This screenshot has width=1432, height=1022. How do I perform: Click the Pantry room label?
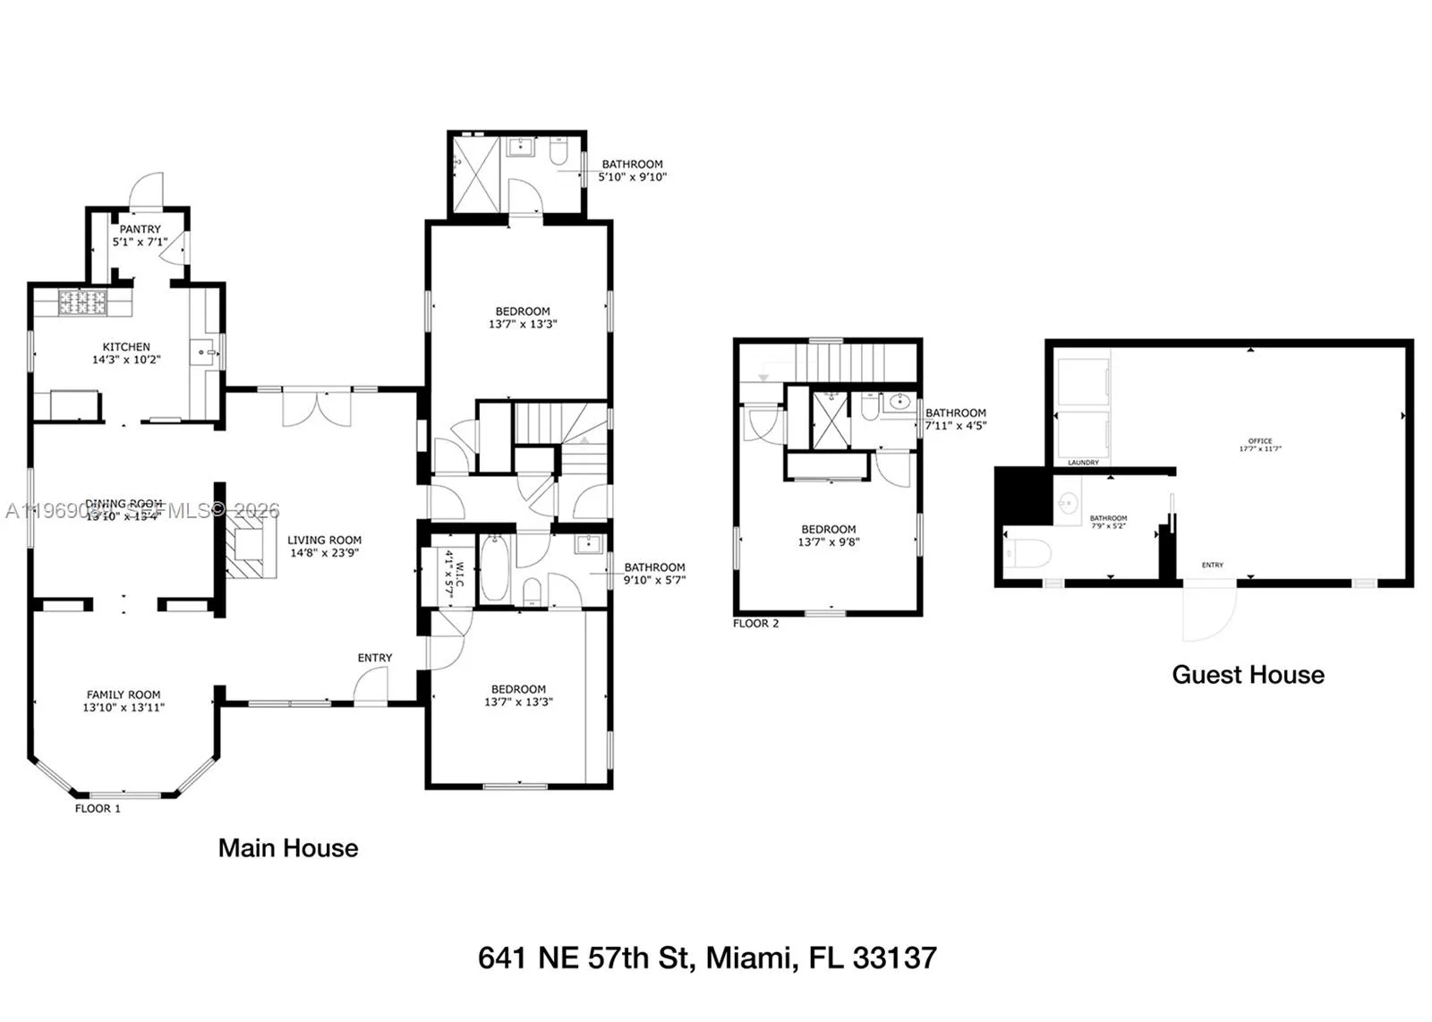click(x=141, y=230)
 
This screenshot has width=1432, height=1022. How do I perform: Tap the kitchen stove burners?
click(x=82, y=302)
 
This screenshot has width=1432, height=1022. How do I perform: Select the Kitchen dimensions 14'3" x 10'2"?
click(x=126, y=360)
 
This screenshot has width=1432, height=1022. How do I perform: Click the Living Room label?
click(x=324, y=540)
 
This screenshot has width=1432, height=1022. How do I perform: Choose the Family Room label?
click(x=124, y=694)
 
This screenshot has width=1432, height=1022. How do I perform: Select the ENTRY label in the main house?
click(x=375, y=658)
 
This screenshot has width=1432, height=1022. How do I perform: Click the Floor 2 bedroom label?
click(x=829, y=529)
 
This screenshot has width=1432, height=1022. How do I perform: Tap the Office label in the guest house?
click(x=1260, y=441)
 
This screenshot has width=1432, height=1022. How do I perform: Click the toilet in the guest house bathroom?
click(x=1026, y=553)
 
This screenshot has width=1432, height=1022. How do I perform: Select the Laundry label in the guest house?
click(x=1083, y=463)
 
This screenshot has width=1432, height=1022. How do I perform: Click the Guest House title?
click(x=1248, y=675)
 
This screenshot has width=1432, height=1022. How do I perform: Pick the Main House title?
click(x=288, y=848)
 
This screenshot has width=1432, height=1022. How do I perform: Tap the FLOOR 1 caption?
click(x=98, y=808)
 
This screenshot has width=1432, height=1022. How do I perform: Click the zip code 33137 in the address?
click(x=894, y=958)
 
